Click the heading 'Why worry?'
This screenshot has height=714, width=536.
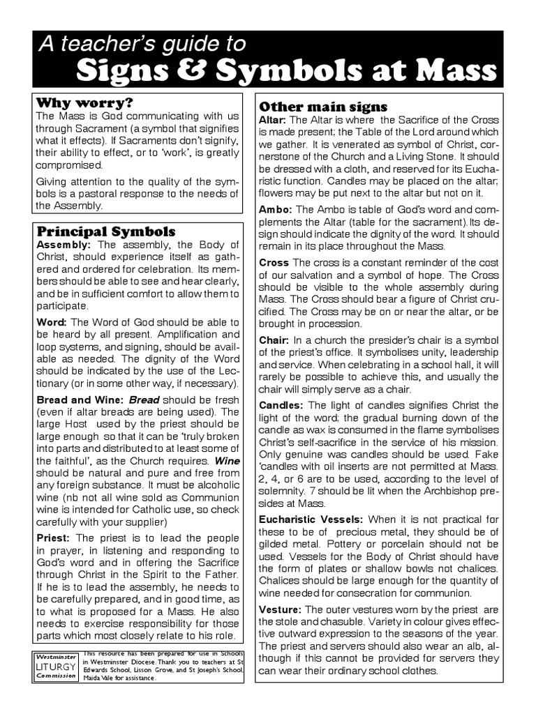tap(84, 102)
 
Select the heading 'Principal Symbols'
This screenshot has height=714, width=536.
tap(106, 231)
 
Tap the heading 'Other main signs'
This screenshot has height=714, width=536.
tap(323, 107)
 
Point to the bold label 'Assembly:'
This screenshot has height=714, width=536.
tap(64, 245)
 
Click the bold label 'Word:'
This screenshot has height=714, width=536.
tap(51, 321)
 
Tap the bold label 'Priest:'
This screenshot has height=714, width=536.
tap(53, 538)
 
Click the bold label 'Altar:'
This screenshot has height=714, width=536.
tap(272, 120)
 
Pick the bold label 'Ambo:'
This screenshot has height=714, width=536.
tap(275, 209)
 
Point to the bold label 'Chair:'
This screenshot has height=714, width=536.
tap(274, 340)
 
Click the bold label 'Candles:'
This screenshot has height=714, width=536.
tap(281, 405)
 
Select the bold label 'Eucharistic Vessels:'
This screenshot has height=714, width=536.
tap(311, 519)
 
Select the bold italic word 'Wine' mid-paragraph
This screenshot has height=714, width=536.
tap(227, 461)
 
